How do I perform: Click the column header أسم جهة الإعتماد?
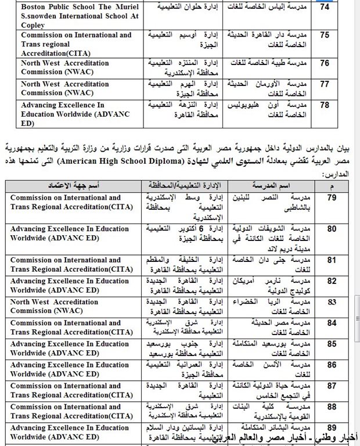click(x=73, y=185)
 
